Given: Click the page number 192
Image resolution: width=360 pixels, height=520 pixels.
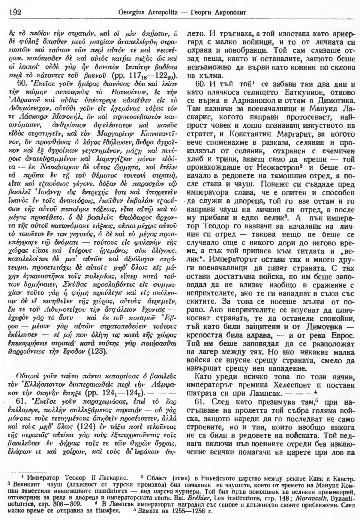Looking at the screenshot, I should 13,12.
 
